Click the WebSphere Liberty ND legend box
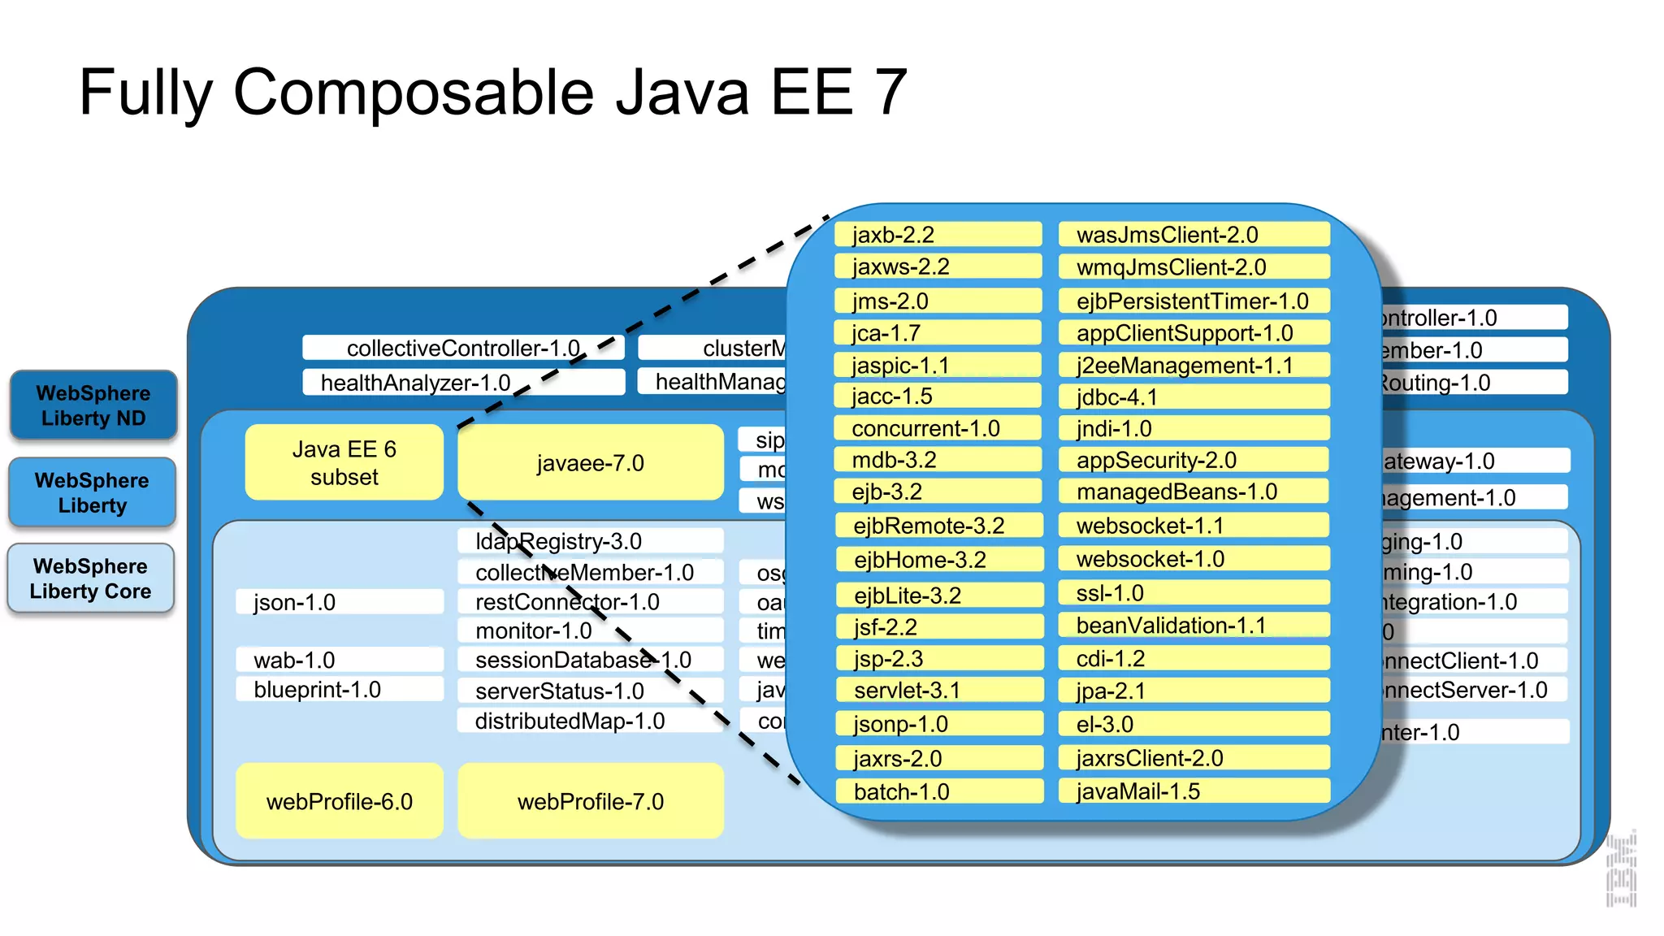tap(93, 405)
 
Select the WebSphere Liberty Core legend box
tap(91, 578)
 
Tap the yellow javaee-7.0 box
tap(590, 463)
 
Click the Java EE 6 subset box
tap(344, 463)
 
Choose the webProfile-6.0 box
tap(340, 801)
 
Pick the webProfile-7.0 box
tap(590, 801)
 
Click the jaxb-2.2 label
tap(937, 235)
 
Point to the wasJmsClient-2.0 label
tap(1193, 235)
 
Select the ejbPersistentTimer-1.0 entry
tap(1193, 301)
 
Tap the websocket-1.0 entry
tap(1193, 559)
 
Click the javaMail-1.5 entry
tap(1193, 791)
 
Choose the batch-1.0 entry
tap(938, 791)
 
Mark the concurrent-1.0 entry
tap(937, 428)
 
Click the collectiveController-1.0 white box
tap(462, 348)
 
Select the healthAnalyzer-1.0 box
tap(462, 383)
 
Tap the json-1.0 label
tap(339, 602)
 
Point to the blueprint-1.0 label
tap(339, 689)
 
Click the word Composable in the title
tap(414, 92)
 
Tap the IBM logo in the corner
tap(1621, 869)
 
